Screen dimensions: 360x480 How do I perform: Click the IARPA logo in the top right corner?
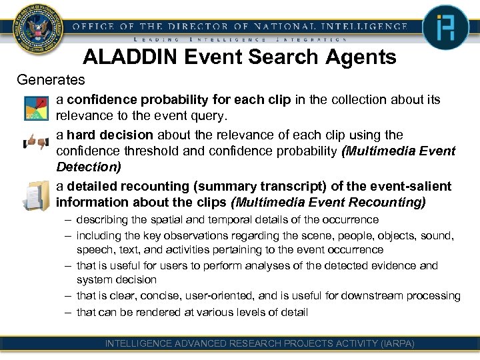445,28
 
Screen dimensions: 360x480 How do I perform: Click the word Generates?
51,80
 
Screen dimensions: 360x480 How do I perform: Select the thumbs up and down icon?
35,143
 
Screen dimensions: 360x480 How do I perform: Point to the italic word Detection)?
89,166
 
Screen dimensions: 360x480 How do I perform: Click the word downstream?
384,296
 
